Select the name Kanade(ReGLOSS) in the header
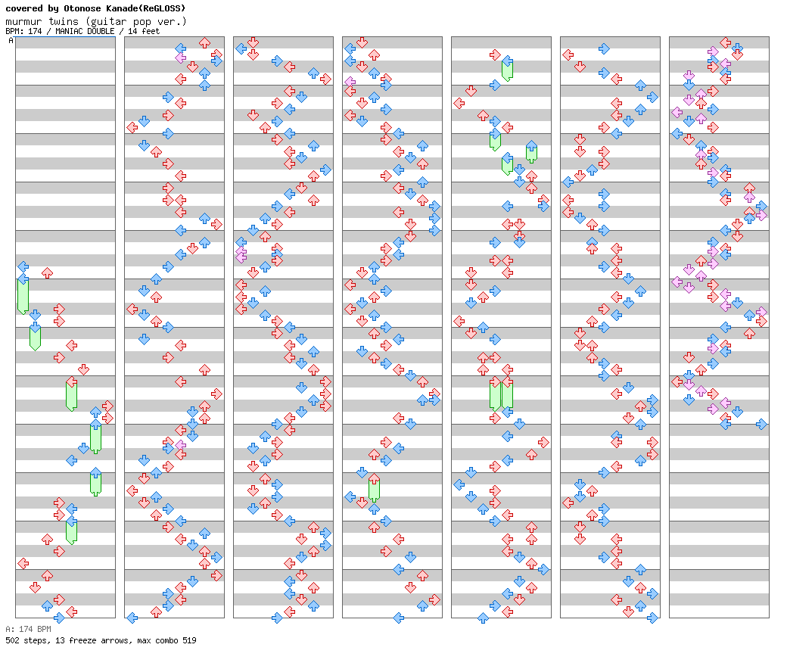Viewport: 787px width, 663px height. pyautogui.click(x=147, y=8)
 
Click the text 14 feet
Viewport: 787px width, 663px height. pyautogui.click(x=144, y=32)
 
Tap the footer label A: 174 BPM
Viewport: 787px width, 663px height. pyautogui.click(x=28, y=629)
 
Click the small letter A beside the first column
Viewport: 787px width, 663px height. pyautogui.click(x=11, y=41)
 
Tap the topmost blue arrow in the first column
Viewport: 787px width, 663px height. pyautogui.click(x=23, y=266)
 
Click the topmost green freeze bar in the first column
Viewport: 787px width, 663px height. pyautogui.click(x=23, y=295)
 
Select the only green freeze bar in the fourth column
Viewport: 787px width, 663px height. pyautogui.click(x=374, y=490)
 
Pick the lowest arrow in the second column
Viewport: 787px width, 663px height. pyautogui.click(x=132, y=618)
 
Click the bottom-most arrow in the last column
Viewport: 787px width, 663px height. pyautogui.click(x=761, y=424)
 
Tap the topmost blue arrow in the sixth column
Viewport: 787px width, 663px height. pyautogui.click(x=604, y=48)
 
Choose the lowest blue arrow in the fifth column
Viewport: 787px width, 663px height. pyautogui.click(x=483, y=618)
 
